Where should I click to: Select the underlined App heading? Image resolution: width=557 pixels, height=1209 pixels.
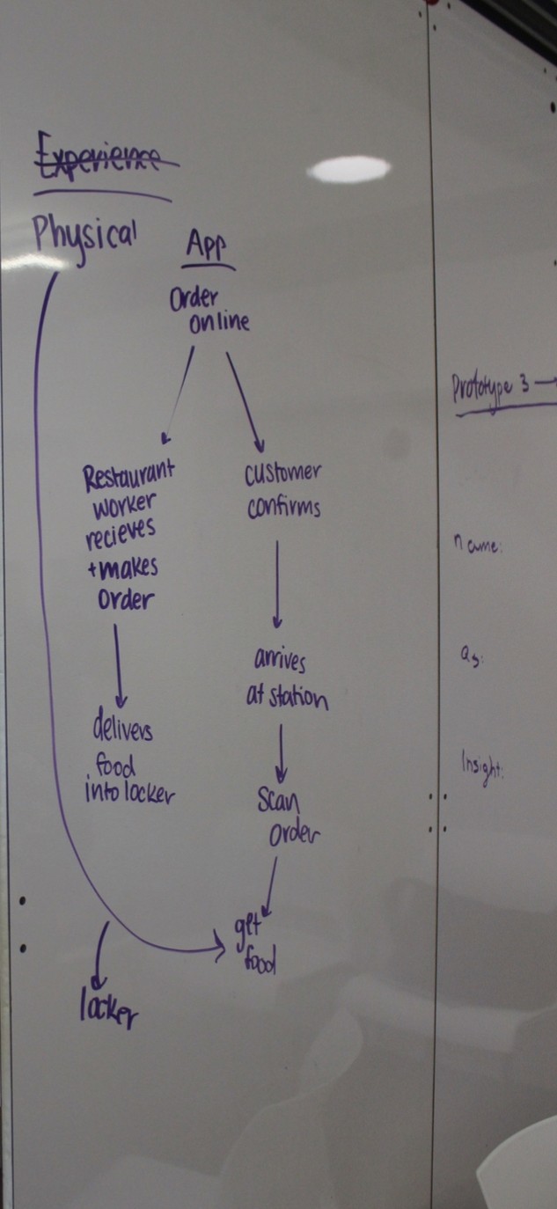coord(208,249)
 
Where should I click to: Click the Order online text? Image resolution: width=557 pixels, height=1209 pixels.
coord(209,311)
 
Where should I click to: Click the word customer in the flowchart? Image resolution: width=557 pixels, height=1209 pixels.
coord(282,473)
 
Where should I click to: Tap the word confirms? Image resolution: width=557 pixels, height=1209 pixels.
coord(283,509)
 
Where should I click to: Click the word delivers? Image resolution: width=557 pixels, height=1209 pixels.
coord(122,729)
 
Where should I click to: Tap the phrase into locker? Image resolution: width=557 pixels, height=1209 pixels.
coord(129,793)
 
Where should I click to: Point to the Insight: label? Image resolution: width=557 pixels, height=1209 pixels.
coord(481,764)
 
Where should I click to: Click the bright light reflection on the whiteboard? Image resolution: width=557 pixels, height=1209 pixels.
coord(351,168)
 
